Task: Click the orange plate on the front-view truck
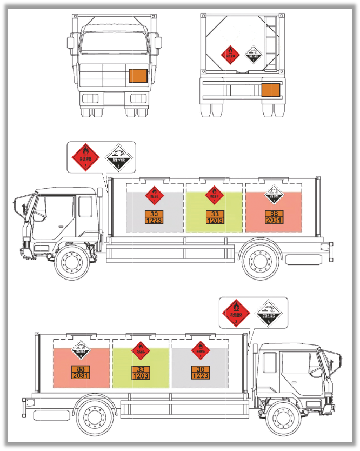tap(138, 76)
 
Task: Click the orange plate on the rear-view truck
tap(270, 90)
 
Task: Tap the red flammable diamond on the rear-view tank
tap(231, 55)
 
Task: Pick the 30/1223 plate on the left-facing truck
tap(155, 217)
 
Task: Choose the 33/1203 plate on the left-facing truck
tap(214, 217)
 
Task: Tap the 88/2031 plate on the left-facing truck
tap(274, 217)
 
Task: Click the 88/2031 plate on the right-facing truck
tap(81, 372)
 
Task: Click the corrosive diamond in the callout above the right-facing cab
tap(269, 313)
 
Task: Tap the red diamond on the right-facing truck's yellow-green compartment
tap(141, 350)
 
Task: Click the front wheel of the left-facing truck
tap(71, 262)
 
